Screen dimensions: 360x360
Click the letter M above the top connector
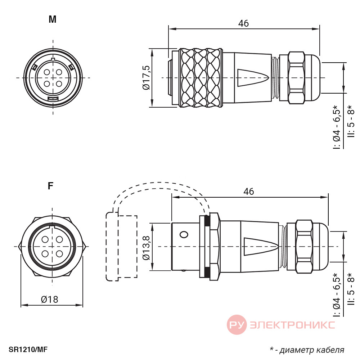point(53,19)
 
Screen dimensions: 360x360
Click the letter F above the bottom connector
point(50,186)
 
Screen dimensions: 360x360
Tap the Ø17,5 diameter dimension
point(146,78)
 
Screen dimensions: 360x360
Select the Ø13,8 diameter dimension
point(146,248)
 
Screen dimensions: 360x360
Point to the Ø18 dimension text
point(50,300)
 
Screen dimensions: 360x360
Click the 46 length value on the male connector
point(243,23)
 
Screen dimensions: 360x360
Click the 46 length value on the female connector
point(249,192)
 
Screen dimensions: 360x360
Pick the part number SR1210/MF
point(28,350)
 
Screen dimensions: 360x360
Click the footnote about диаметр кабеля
point(307,350)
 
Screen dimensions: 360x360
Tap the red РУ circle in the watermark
point(237,325)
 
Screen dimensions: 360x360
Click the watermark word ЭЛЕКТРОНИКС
point(292,325)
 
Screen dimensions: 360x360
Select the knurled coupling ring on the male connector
point(201,78)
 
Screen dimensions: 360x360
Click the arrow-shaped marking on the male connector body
point(253,78)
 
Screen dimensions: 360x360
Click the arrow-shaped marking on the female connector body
point(261,247)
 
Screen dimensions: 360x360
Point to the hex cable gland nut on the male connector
point(297,78)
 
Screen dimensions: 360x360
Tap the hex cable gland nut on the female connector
point(305,247)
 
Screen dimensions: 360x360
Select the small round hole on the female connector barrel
point(184,235)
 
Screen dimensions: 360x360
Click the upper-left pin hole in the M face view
point(47,72)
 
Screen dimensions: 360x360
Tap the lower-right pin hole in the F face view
point(59,254)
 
